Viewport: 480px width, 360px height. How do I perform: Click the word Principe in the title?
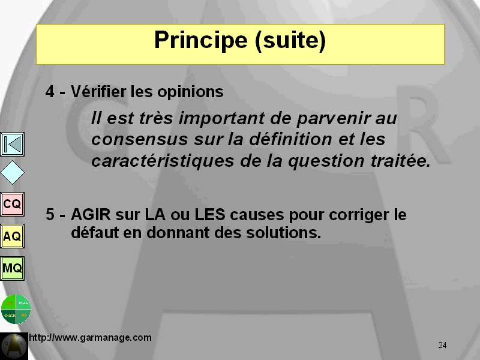(x=201, y=40)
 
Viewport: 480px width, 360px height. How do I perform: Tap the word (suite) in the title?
(x=290, y=41)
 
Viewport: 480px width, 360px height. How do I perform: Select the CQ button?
(x=12, y=204)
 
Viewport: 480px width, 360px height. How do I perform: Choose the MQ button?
(x=12, y=268)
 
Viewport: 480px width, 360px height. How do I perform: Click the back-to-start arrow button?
(x=12, y=144)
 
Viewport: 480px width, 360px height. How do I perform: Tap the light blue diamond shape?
(x=12, y=173)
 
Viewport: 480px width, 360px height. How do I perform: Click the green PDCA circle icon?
(x=16, y=309)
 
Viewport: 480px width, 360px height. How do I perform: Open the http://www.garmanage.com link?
(x=91, y=338)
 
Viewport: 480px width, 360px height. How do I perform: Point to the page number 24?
(x=442, y=346)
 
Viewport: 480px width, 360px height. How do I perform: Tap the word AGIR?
(x=91, y=214)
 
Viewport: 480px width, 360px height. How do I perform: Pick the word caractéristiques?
(x=163, y=161)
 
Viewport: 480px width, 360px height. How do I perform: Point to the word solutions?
(x=284, y=233)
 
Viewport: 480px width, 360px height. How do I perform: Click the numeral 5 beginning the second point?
(x=50, y=214)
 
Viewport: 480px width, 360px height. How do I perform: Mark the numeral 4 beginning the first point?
(x=50, y=92)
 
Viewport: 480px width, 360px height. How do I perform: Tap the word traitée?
(x=401, y=161)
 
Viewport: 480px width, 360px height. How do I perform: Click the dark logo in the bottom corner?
(x=14, y=346)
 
